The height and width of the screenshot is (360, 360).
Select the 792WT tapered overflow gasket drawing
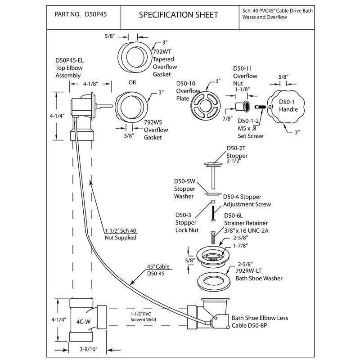pos(132,54)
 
